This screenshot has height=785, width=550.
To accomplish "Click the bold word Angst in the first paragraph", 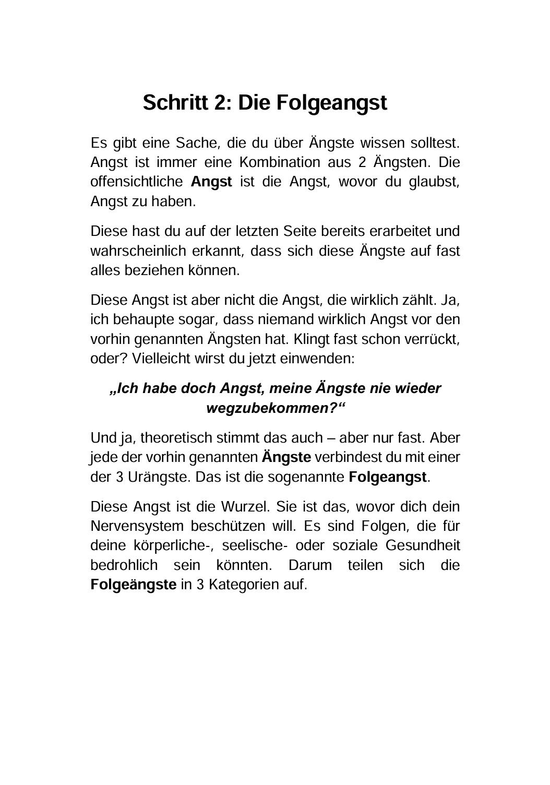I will [211, 182].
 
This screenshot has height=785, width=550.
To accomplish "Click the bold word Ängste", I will [286, 457].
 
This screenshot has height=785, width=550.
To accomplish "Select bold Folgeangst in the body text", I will [388, 477].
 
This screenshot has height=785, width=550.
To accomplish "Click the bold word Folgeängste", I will [134, 585].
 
